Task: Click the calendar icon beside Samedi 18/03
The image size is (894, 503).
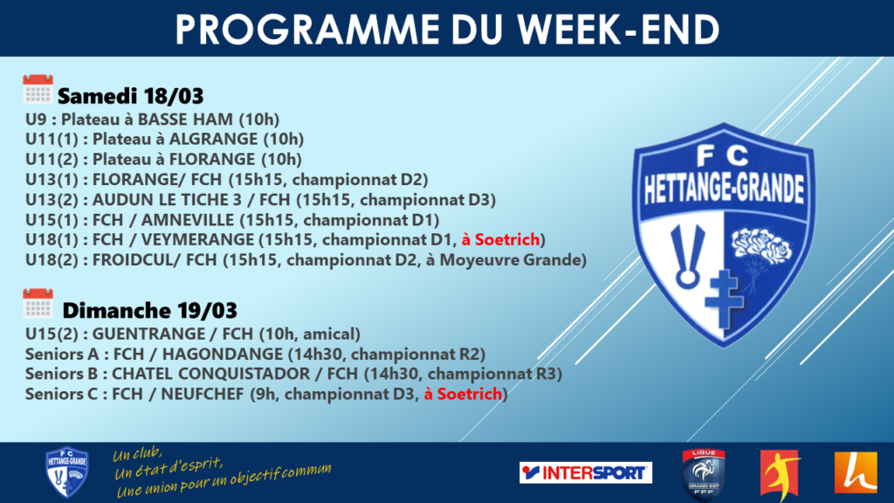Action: tap(38, 89)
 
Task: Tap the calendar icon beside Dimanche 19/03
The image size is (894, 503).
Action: tap(38, 303)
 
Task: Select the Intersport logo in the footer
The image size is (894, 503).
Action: tap(586, 472)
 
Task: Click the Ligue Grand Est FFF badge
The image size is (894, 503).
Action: tap(704, 474)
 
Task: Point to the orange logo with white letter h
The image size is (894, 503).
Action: tap(856, 472)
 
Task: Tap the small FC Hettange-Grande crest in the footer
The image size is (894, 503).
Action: tap(66, 472)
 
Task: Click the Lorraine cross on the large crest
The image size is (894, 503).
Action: tap(724, 299)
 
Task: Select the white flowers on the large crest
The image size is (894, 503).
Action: tap(761, 245)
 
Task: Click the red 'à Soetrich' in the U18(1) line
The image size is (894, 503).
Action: tap(500, 239)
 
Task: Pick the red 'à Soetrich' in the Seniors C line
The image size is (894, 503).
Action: tap(463, 394)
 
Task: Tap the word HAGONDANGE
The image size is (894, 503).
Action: tap(223, 355)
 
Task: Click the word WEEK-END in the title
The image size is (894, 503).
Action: tap(619, 29)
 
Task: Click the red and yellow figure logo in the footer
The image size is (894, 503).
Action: tap(781, 474)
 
